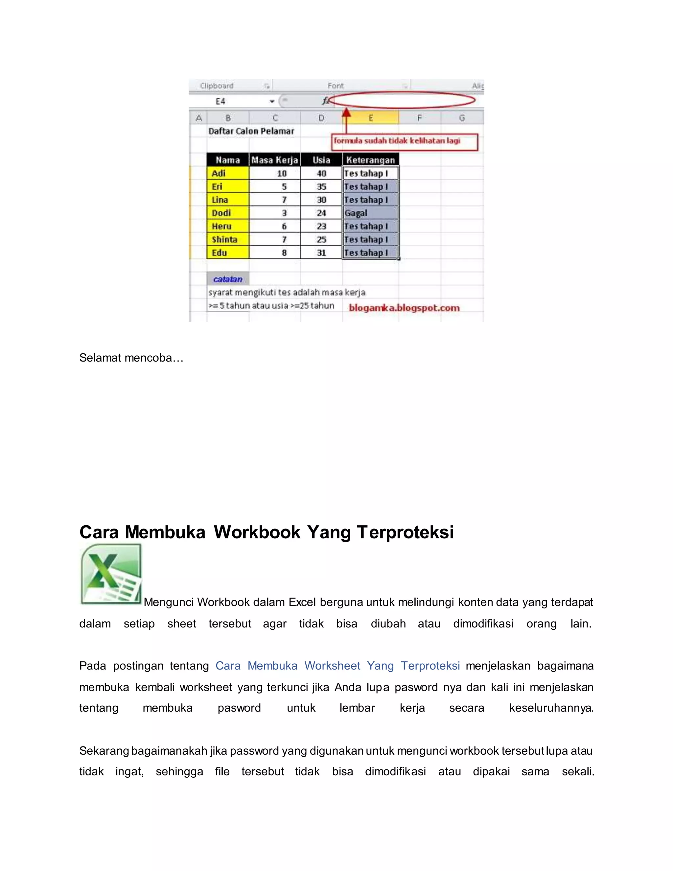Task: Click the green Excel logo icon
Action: (x=111, y=574)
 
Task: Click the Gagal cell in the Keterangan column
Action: (x=370, y=213)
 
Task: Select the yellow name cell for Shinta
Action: (x=228, y=239)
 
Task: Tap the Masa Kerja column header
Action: (x=274, y=160)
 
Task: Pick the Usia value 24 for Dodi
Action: (x=321, y=213)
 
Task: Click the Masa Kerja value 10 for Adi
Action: (x=282, y=174)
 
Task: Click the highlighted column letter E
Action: (x=370, y=118)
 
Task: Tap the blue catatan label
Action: (x=228, y=279)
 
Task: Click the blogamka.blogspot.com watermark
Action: (x=404, y=308)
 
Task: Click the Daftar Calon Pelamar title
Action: (x=251, y=131)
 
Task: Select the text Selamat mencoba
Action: (x=131, y=358)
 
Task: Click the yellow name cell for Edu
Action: (x=228, y=253)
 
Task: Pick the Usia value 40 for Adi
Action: (x=321, y=174)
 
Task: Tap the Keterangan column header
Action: (x=370, y=160)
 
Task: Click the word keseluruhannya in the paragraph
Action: (x=551, y=708)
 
